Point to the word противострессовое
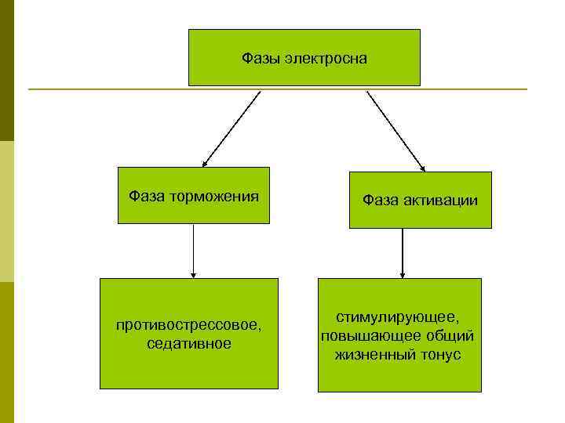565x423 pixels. point(188,325)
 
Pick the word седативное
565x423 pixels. point(188,344)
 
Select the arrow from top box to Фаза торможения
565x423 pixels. point(231,128)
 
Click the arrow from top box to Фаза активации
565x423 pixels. point(395,131)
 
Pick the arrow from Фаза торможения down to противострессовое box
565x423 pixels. point(193,251)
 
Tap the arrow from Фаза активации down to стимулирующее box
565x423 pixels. point(402,253)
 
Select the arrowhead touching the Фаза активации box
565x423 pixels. point(422,168)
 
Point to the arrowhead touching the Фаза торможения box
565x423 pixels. point(206,163)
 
